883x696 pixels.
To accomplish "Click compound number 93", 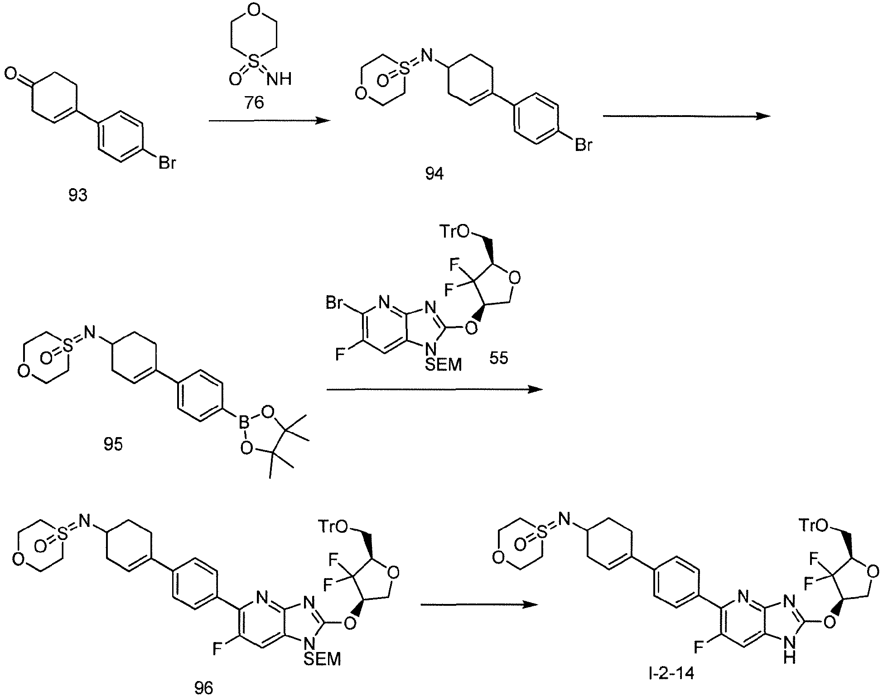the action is pyautogui.click(x=77, y=196).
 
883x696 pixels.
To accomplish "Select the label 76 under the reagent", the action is pyautogui.click(x=254, y=103).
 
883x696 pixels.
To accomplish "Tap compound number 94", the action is pyautogui.click(x=434, y=174).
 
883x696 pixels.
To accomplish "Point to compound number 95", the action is pyautogui.click(x=113, y=444).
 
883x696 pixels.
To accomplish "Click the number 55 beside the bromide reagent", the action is pyautogui.click(x=499, y=358).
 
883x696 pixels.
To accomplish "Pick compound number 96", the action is pyautogui.click(x=203, y=688).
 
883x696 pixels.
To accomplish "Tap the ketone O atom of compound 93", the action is pyautogui.click(x=11, y=73).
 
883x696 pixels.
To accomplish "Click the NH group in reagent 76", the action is pyautogui.click(x=278, y=80).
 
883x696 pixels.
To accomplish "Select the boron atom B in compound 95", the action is pyautogui.click(x=244, y=426).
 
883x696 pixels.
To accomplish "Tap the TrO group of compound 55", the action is pyautogui.click(x=454, y=231).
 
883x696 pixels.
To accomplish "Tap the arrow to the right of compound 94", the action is pyautogui.click(x=686, y=116).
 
